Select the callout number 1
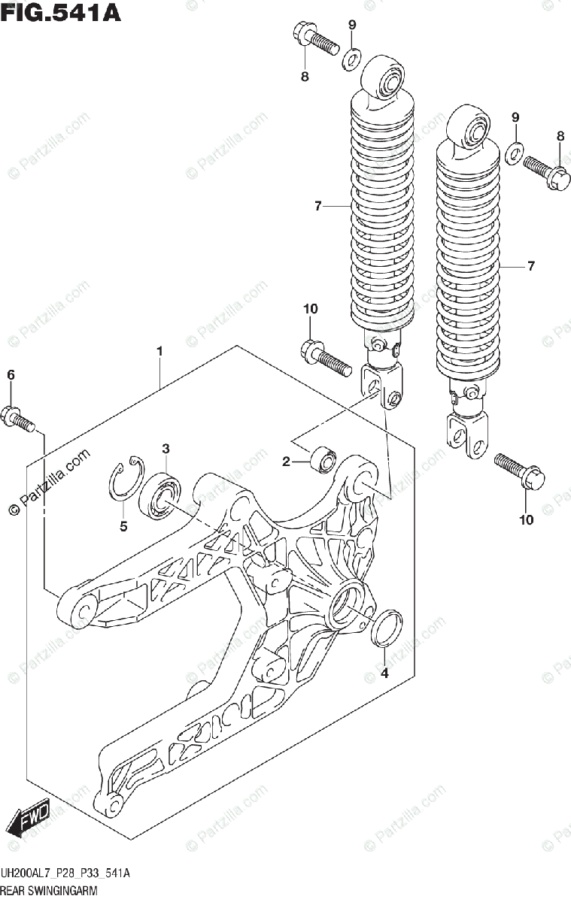coord(159,351)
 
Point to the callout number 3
coord(166,449)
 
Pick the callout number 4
coord(384,673)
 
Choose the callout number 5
coord(123,526)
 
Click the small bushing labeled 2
coord(323,458)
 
